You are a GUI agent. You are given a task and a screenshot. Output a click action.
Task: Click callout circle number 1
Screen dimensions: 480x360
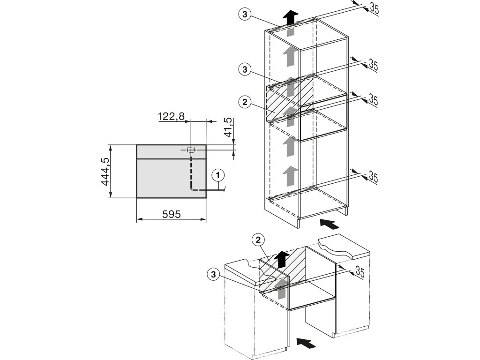pyautogui.click(x=217, y=175)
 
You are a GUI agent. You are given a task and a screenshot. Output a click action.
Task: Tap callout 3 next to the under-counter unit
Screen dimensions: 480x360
pyautogui.click(x=213, y=273)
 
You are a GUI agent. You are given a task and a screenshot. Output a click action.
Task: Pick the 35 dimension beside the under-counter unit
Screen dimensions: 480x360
pyautogui.click(x=360, y=271)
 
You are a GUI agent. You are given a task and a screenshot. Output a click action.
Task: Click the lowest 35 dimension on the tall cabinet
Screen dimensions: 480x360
pyautogui.click(x=374, y=177)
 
